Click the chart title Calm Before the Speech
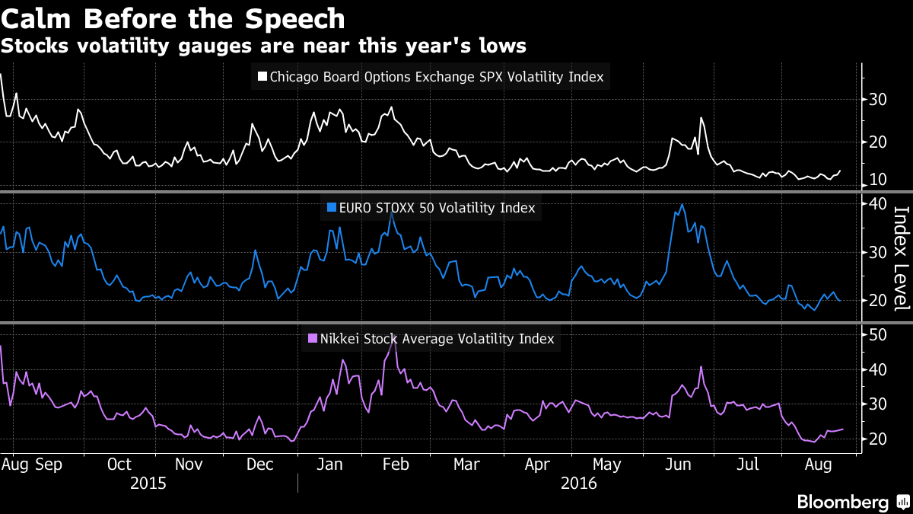click(173, 18)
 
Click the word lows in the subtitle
click(502, 46)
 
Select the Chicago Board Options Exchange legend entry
click(436, 77)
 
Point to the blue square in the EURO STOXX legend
click(330, 207)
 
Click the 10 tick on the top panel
click(878, 180)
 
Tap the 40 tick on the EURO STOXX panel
click(878, 203)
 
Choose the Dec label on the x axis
click(260, 463)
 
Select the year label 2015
click(148, 483)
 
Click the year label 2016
click(579, 483)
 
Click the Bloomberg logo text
click(842, 502)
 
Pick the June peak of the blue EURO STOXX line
click(682, 204)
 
